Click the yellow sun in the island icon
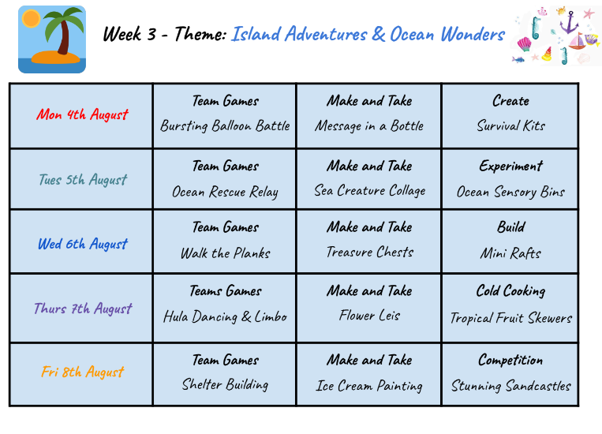coord(31,18)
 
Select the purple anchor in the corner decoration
coord(569,23)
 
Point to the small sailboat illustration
coord(578,42)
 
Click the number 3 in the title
coord(151,35)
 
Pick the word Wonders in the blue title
coord(473,35)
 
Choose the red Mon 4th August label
coord(82,114)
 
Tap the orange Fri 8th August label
coord(83,372)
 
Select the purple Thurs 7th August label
coord(83,309)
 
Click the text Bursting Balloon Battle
coord(225,126)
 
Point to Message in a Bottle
coord(369,125)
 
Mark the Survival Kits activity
coord(510,125)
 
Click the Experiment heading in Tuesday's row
coord(510,166)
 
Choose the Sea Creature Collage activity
coord(369,190)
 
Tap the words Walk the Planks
coord(226,253)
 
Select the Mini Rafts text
coord(510,253)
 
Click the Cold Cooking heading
coord(510,290)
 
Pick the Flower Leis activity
coord(369,316)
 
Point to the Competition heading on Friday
coord(510,361)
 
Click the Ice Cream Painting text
coord(369,386)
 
